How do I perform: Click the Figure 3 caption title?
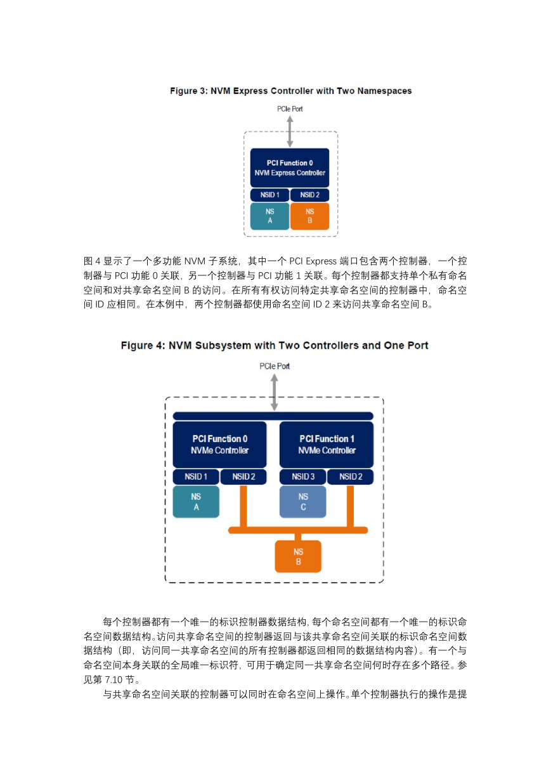[290, 91]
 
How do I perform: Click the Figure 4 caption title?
[275, 345]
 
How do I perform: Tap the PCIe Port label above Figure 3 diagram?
[290, 109]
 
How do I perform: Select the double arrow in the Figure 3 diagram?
[290, 131]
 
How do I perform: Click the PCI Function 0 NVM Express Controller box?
[290, 168]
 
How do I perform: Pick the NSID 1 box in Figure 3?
[269, 195]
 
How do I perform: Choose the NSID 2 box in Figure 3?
[310, 195]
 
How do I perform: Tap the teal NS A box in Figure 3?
[269, 216]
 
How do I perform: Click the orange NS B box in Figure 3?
[310, 216]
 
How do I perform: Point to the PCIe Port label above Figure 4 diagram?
[275, 366]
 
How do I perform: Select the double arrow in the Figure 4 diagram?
[275, 392]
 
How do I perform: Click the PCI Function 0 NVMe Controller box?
[220, 445]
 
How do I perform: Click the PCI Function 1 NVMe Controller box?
[327, 445]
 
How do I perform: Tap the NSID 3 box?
[303, 476]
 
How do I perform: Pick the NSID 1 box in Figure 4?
[196, 476]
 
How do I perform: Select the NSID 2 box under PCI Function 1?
[351, 476]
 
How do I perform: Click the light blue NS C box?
[303, 502]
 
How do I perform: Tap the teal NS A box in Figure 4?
[196, 502]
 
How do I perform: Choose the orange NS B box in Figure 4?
[298, 556]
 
